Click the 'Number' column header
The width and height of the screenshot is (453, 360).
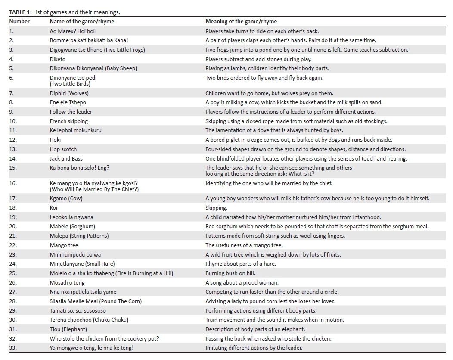[19, 22]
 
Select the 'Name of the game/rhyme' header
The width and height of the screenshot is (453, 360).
[82, 22]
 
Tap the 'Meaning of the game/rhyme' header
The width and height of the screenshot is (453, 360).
[241, 22]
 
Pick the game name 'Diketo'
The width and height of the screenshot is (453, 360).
[58, 59]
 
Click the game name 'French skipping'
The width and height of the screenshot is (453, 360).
[68, 121]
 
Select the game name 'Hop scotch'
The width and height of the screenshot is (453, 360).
[63, 149]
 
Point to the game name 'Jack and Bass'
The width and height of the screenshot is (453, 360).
[66, 158]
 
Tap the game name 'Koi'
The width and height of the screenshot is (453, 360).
[54, 208]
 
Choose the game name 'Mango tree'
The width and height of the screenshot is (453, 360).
[64, 245]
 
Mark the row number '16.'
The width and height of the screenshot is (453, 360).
[13, 183]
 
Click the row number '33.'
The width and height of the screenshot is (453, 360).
[13, 348]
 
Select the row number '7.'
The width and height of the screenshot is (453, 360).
[12, 93]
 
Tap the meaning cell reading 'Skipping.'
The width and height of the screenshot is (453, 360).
[216, 208]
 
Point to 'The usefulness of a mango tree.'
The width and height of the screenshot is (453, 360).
[244, 245]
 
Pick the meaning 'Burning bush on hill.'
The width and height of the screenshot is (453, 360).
[230, 273]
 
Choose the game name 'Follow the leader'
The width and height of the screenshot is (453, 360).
[71, 112]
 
